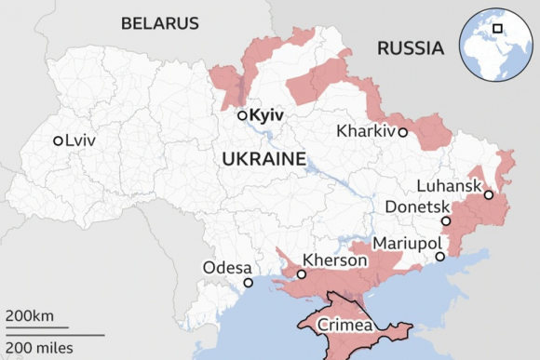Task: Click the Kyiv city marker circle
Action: [242, 115]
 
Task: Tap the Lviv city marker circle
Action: [58, 140]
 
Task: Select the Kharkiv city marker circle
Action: [402, 132]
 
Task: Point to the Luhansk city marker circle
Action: [489, 194]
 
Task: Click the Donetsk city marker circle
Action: [446, 221]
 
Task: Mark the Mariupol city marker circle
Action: [439, 255]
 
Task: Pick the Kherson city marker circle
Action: [302, 274]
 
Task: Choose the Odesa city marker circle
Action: [248, 283]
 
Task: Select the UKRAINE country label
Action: [264, 160]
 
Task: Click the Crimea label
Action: [345, 327]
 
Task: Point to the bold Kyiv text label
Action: [266, 115]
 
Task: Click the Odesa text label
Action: [227, 268]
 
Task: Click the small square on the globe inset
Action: [498, 28]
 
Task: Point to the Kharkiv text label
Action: [367, 131]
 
